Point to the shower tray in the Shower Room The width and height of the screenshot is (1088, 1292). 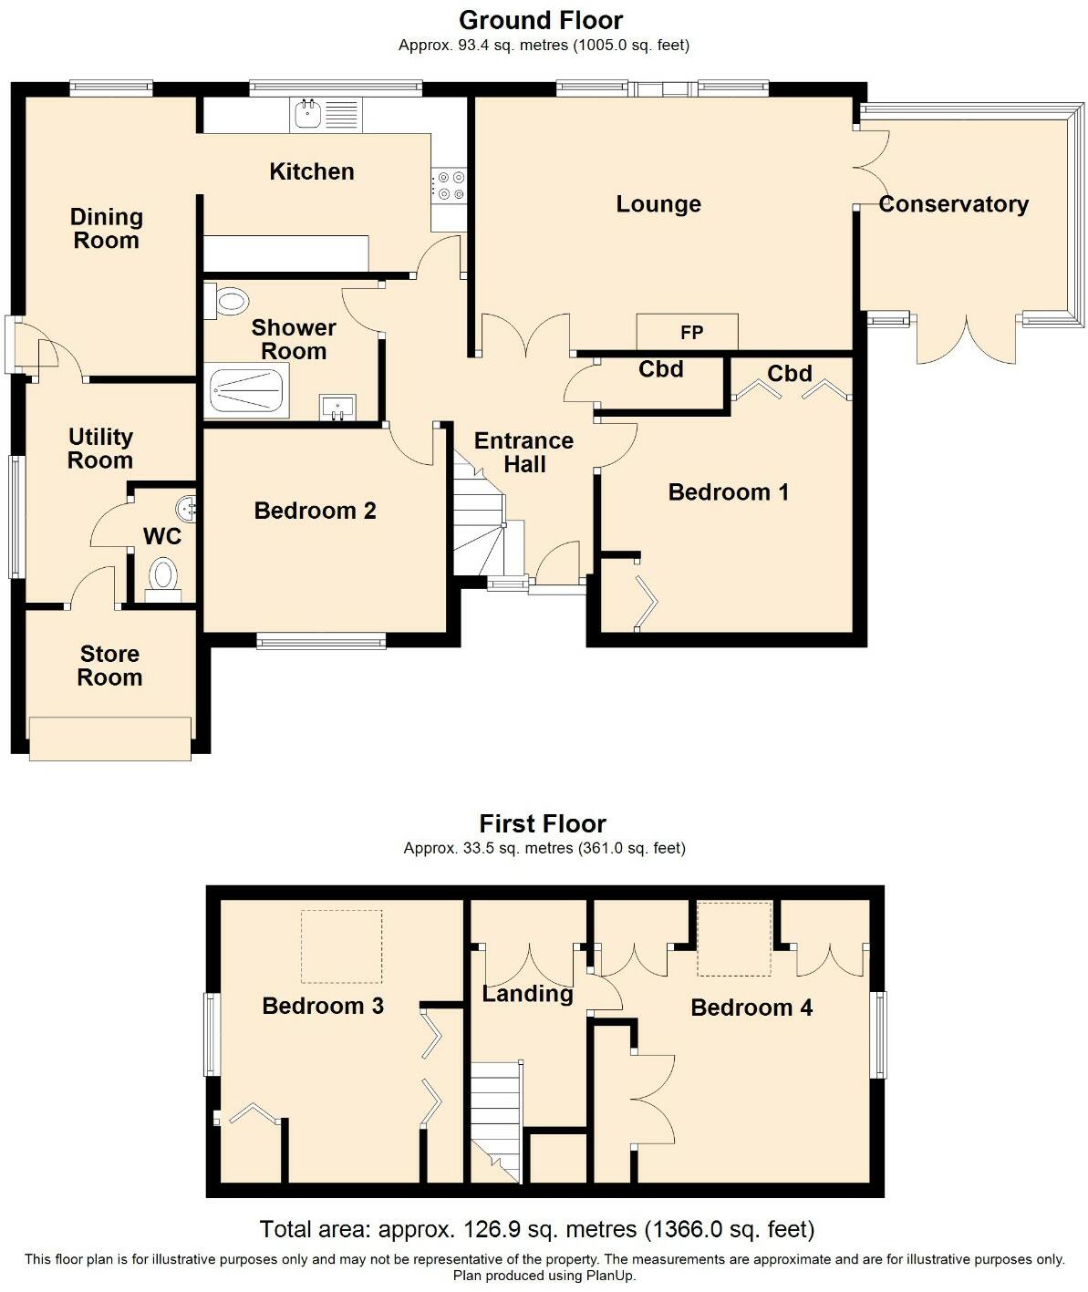click(248, 391)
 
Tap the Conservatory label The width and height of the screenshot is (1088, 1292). click(953, 204)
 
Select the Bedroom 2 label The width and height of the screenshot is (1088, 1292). click(315, 511)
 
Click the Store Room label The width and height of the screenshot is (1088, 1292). click(109, 666)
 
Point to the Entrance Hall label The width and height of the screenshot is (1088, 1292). click(523, 452)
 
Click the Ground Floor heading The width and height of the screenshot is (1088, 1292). click(542, 20)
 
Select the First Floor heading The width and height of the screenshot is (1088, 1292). click(543, 823)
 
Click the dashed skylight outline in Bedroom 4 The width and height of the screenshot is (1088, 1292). click(734, 938)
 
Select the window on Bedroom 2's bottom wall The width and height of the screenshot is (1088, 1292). click(321, 642)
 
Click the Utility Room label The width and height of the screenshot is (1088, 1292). click(100, 449)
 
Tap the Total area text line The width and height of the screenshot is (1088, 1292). click(536, 1229)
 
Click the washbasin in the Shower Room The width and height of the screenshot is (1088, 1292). click(337, 408)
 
